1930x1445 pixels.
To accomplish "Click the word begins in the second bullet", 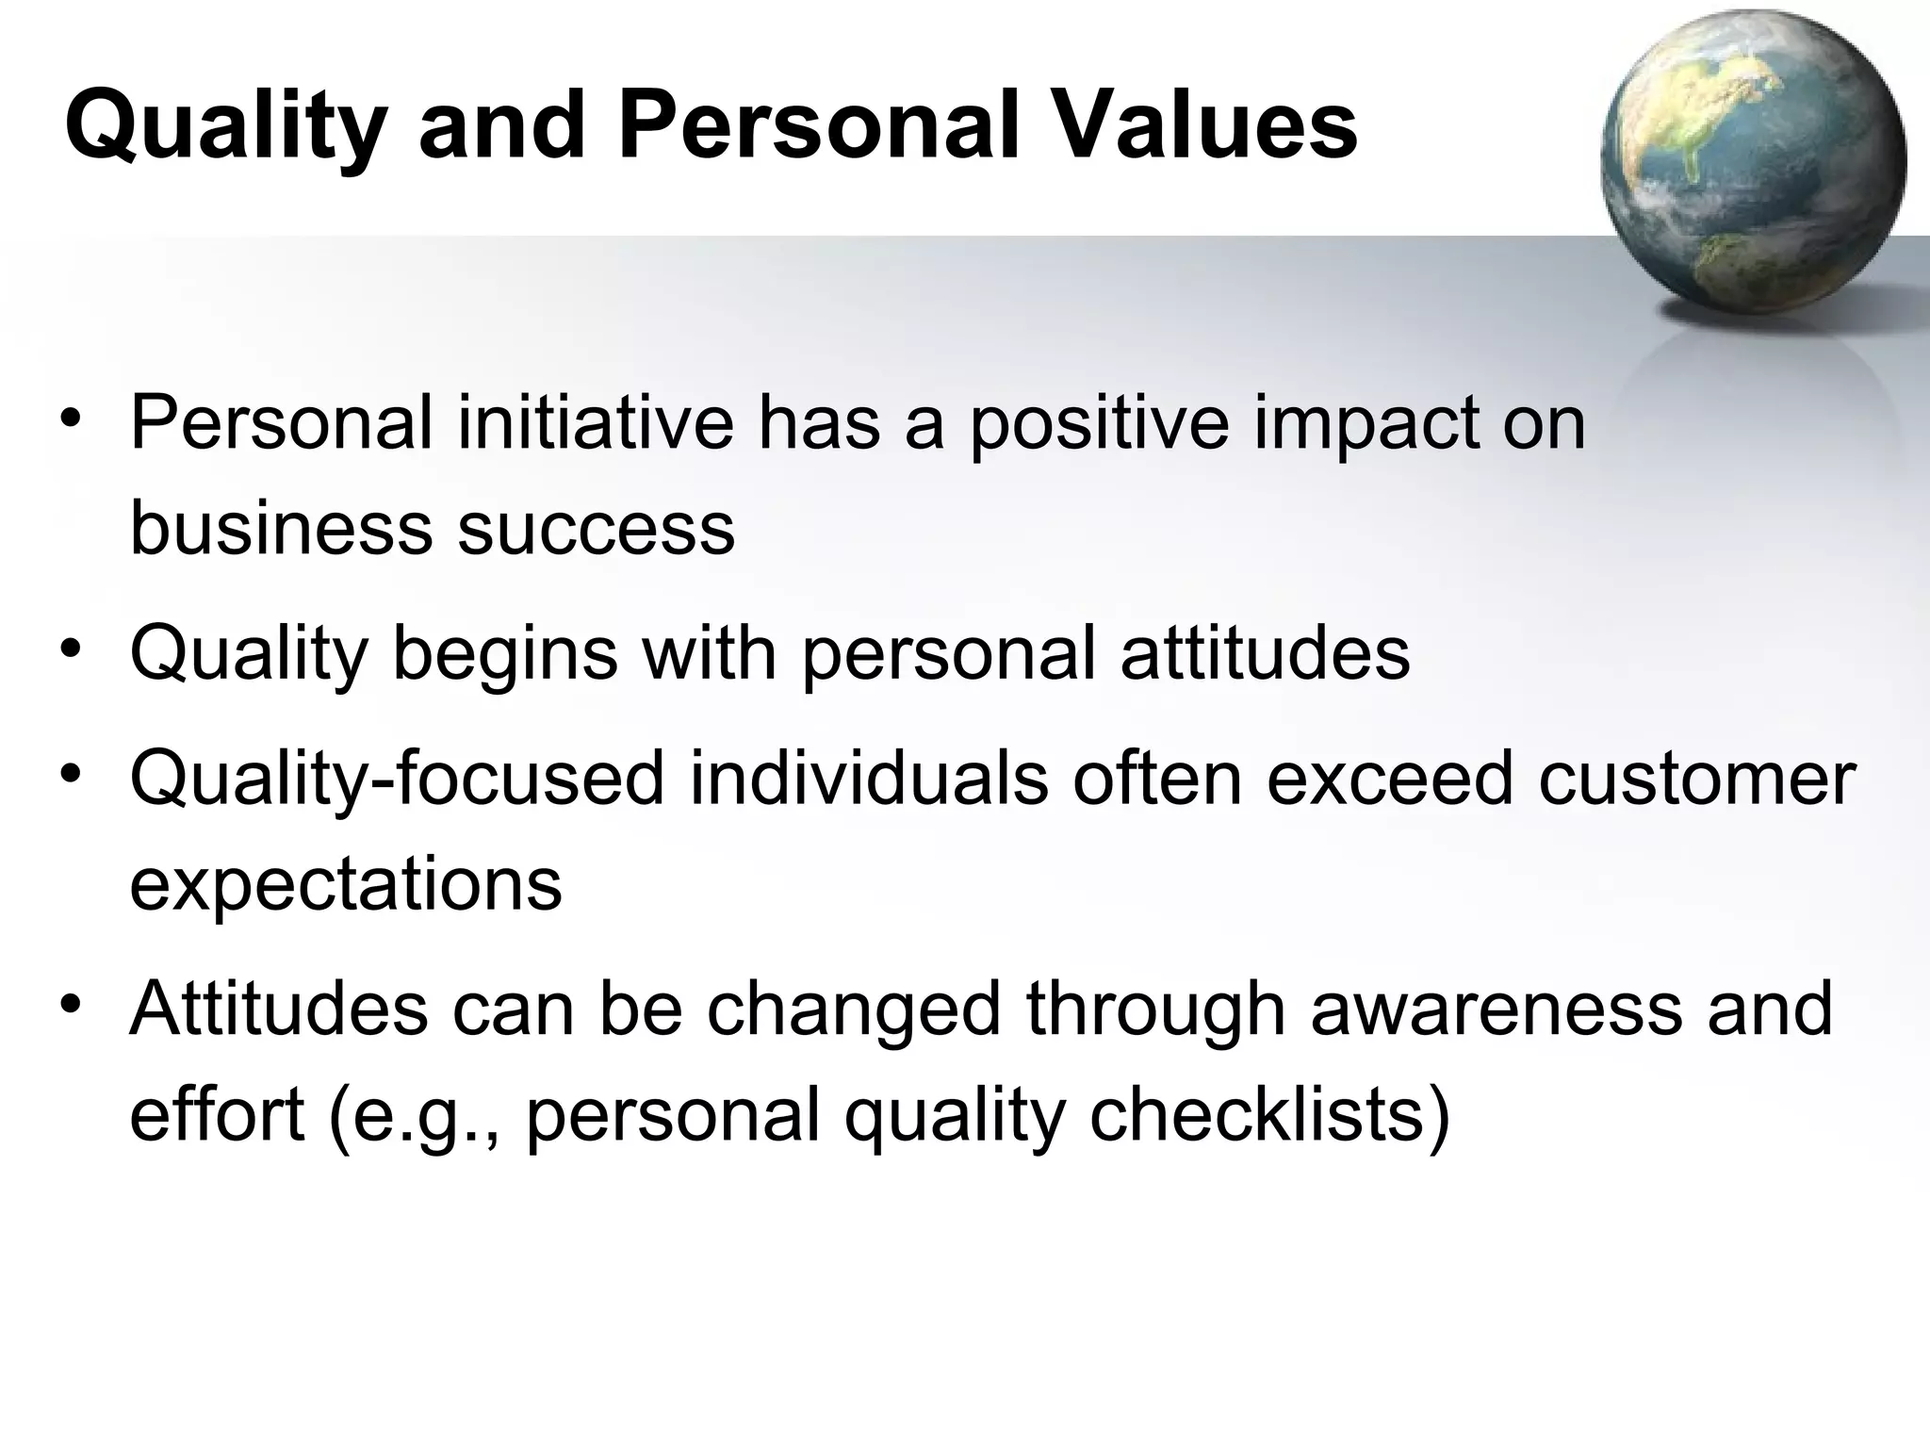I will (x=504, y=654).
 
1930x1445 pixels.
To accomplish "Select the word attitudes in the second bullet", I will (x=1265, y=652).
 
